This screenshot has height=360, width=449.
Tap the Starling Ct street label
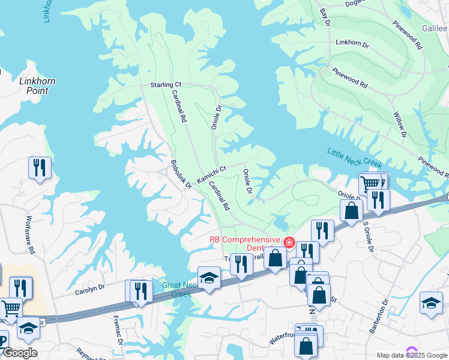[165, 85]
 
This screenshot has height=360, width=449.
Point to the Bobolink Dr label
[181, 174]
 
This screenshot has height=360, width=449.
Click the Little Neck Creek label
[355, 158]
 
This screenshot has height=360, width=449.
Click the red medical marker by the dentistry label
[289, 242]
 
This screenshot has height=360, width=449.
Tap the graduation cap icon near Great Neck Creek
[209, 278]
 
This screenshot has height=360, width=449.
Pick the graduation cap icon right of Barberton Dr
[431, 302]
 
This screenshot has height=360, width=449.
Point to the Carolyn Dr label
[89, 289]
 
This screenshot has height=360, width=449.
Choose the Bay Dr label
[326, 17]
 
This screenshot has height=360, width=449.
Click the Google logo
[19, 353]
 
